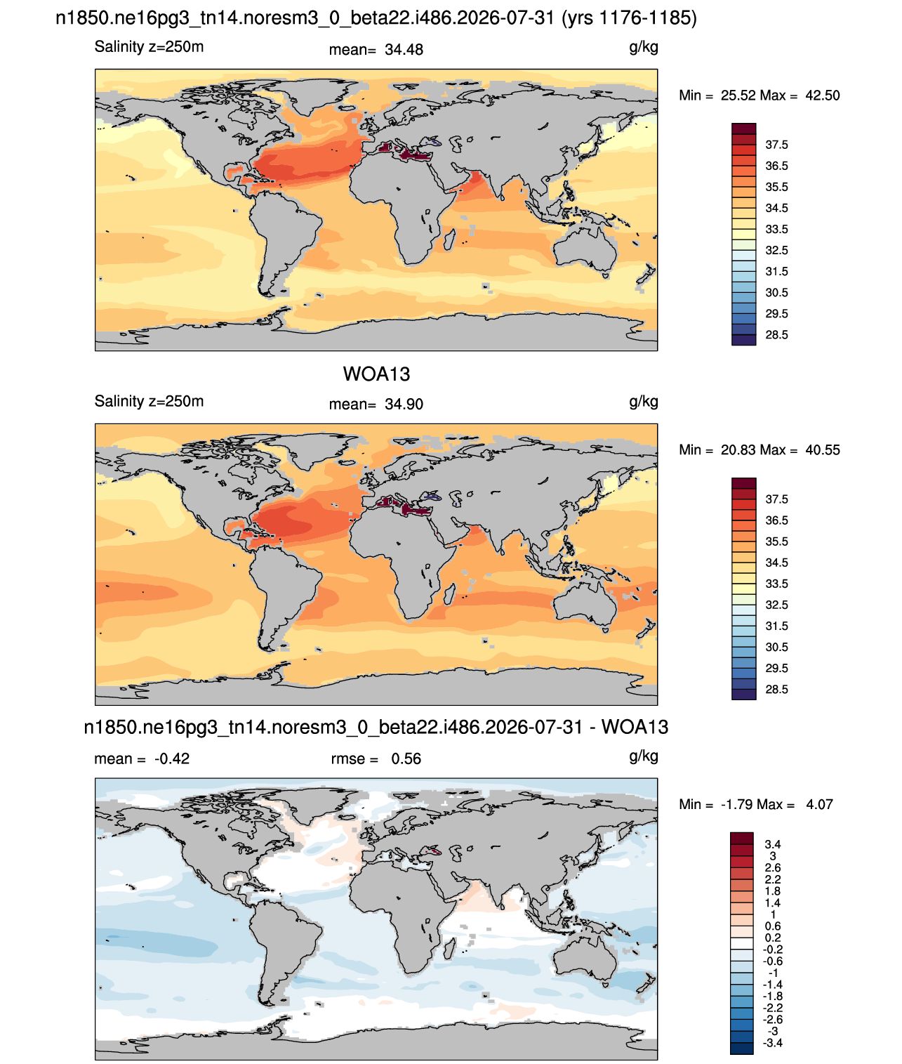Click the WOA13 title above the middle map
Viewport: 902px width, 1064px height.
pos(376,374)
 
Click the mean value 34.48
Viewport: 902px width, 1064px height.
pos(404,50)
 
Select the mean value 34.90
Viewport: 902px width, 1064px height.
pos(404,405)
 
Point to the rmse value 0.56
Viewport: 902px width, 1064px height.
pos(406,759)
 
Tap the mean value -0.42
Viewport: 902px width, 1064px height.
pos(172,759)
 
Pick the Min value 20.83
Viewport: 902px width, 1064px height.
pos(738,450)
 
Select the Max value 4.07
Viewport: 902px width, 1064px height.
pos(819,805)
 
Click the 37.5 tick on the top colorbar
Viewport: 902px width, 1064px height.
pos(776,145)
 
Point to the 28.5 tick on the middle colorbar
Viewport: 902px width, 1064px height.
pos(776,689)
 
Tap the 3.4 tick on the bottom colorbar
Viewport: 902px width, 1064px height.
pos(772,844)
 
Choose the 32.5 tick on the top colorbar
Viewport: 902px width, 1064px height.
pos(776,251)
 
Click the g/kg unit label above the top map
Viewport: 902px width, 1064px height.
pos(643,48)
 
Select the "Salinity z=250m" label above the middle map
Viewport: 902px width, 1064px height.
pos(150,402)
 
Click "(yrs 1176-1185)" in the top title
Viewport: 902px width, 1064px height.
pos(629,18)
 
